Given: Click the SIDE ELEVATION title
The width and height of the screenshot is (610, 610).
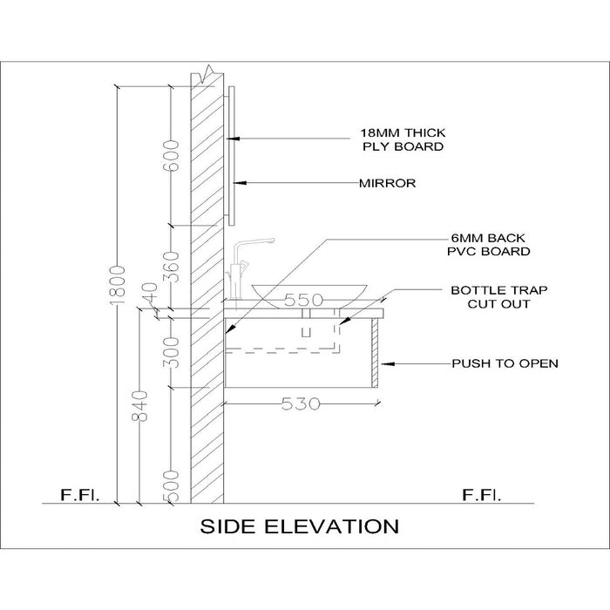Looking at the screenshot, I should (x=300, y=526).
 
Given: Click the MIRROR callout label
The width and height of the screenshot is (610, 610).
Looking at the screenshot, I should (x=387, y=184).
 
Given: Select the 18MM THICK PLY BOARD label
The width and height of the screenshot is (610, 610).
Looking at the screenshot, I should (x=403, y=139).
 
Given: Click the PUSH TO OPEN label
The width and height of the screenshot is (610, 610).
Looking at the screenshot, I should (x=504, y=363).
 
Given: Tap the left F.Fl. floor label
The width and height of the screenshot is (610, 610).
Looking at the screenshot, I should (x=80, y=496).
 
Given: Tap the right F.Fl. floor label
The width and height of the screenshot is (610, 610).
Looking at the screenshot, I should (x=482, y=496).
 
